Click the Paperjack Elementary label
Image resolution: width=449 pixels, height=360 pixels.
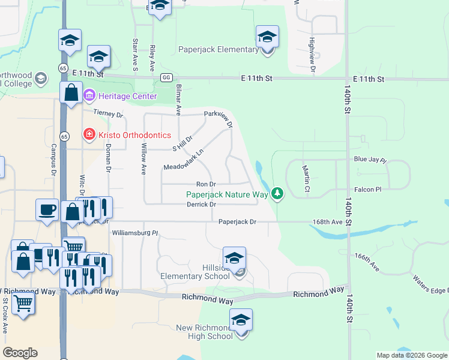click(x=218, y=49)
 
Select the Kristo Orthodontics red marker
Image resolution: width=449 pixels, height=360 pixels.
click(x=89, y=135)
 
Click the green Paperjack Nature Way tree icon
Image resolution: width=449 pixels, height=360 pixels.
click(x=277, y=193)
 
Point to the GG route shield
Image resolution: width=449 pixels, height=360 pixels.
click(x=166, y=77)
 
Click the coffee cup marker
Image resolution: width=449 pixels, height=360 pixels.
click(x=47, y=209)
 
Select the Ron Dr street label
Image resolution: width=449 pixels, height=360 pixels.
click(x=206, y=184)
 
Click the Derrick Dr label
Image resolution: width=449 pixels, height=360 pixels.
click(x=201, y=205)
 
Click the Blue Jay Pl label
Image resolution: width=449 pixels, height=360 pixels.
click(x=370, y=160)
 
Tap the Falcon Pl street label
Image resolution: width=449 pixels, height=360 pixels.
click(x=368, y=190)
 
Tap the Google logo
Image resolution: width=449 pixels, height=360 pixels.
click(x=20, y=353)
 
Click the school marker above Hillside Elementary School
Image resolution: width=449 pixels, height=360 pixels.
click(x=234, y=258)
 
